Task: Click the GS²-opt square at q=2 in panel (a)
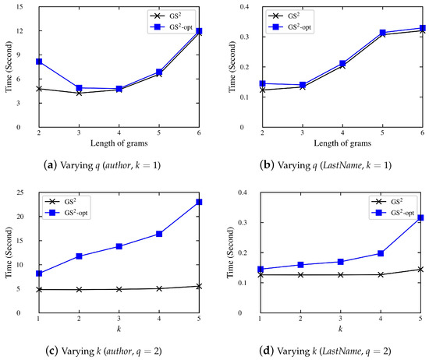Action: pyautogui.click(x=39, y=62)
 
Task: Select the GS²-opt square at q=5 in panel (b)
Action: pyautogui.click(x=382, y=33)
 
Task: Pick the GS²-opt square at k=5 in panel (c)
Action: pyautogui.click(x=200, y=202)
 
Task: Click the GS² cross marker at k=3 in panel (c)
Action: pyautogui.click(x=119, y=289)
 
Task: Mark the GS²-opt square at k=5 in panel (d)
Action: pyautogui.click(x=420, y=218)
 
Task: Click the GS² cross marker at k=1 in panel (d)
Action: pyautogui.click(x=261, y=274)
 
